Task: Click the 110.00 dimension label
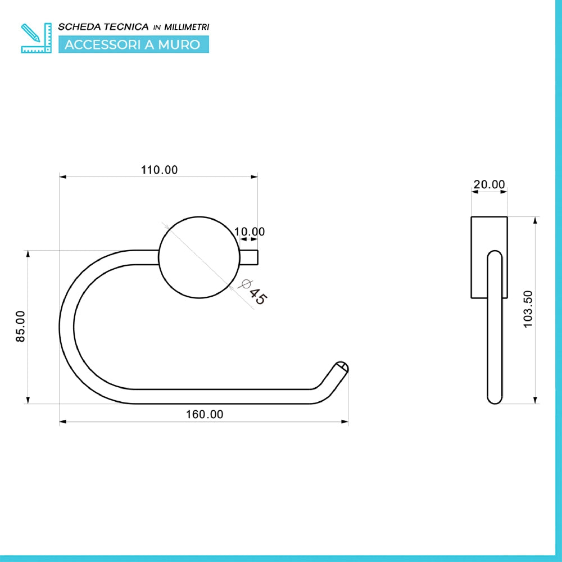coord(159,170)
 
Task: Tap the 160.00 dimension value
coord(205,414)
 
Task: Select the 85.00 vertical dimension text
coord(20,326)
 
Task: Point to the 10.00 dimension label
coord(250,232)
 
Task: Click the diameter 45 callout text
coord(254,292)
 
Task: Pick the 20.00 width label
coord(490,184)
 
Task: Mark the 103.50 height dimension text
coord(528,309)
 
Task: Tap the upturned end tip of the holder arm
coord(342,368)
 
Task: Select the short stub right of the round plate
coord(249,257)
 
